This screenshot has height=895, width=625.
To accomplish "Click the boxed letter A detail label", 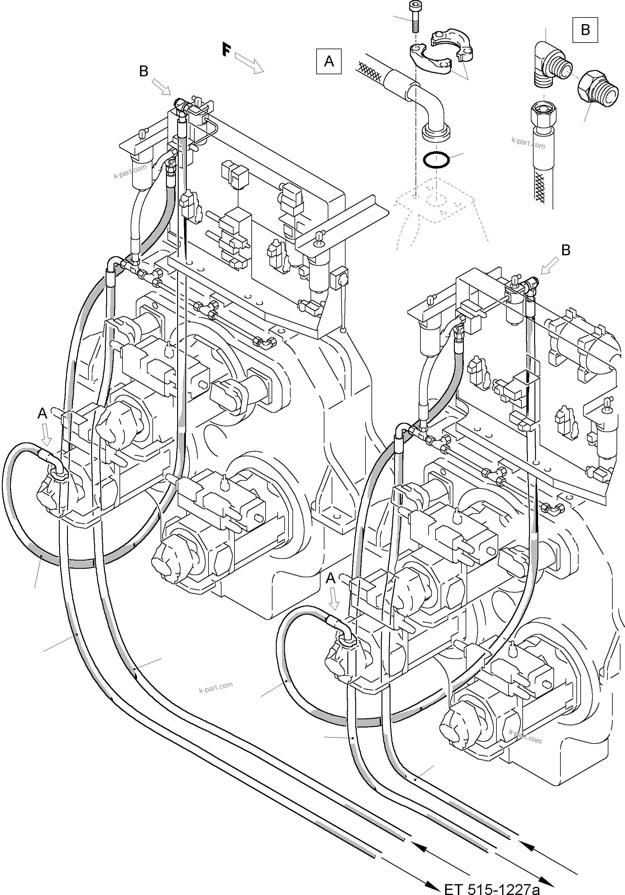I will [x=329, y=61].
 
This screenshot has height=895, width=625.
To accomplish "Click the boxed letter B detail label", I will [x=585, y=30].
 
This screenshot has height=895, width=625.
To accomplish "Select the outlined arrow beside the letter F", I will [x=250, y=63].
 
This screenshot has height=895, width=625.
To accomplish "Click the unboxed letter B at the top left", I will [x=143, y=71].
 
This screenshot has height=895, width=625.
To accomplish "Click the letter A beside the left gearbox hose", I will [x=42, y=413].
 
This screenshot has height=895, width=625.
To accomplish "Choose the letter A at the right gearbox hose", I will [x=330, y=578].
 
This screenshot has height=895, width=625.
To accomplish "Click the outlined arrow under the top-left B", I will [x=161, y=87].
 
